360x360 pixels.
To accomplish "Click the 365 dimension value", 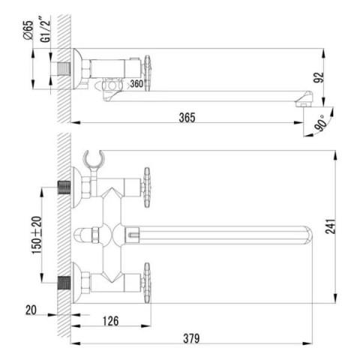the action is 187,118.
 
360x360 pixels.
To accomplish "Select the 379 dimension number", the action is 191,339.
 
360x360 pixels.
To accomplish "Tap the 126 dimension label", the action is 111,321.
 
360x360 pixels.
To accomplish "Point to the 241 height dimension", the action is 330,226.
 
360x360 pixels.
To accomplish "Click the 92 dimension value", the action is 319,77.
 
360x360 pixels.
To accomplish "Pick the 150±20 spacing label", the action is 37,235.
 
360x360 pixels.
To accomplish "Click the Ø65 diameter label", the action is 28,30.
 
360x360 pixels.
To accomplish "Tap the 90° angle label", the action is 321,123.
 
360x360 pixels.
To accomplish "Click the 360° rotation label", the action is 136,84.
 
